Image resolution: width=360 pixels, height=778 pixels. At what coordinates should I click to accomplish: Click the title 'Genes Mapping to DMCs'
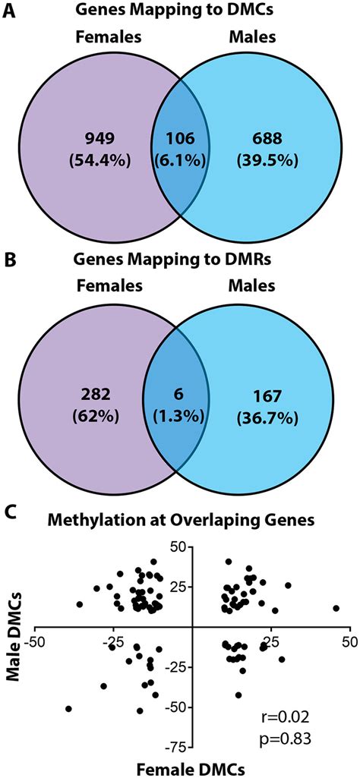coord(180,10)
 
